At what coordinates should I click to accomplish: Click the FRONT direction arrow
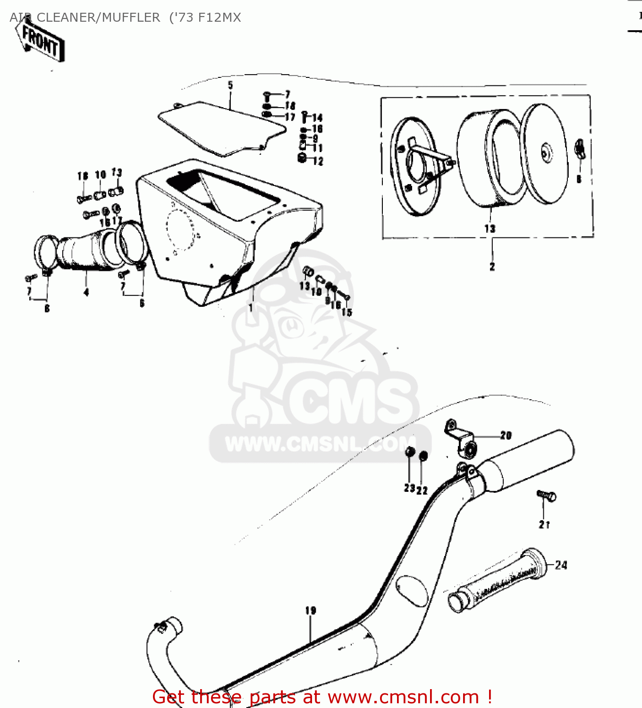40,42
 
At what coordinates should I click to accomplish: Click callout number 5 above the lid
230,85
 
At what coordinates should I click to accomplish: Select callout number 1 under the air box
251,308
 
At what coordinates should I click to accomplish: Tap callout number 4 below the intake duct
86,293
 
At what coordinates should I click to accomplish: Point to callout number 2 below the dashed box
492,267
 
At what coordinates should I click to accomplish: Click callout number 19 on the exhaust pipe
310,610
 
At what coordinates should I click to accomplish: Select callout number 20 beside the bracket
506,435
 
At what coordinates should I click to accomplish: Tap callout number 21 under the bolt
544,524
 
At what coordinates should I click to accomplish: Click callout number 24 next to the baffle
561,565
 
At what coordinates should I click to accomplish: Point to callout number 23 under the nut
409,489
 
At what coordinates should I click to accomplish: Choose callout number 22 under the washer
422,490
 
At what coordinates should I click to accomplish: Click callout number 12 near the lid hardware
318,161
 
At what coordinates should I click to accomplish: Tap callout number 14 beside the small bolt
317,118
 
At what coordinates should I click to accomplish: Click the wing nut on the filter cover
579,150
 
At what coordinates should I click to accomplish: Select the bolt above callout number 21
547,496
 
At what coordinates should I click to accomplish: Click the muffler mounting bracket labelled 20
460,437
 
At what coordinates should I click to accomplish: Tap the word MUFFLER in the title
131,17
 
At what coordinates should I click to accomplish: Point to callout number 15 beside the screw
347,312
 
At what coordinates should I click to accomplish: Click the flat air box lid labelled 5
222,127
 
